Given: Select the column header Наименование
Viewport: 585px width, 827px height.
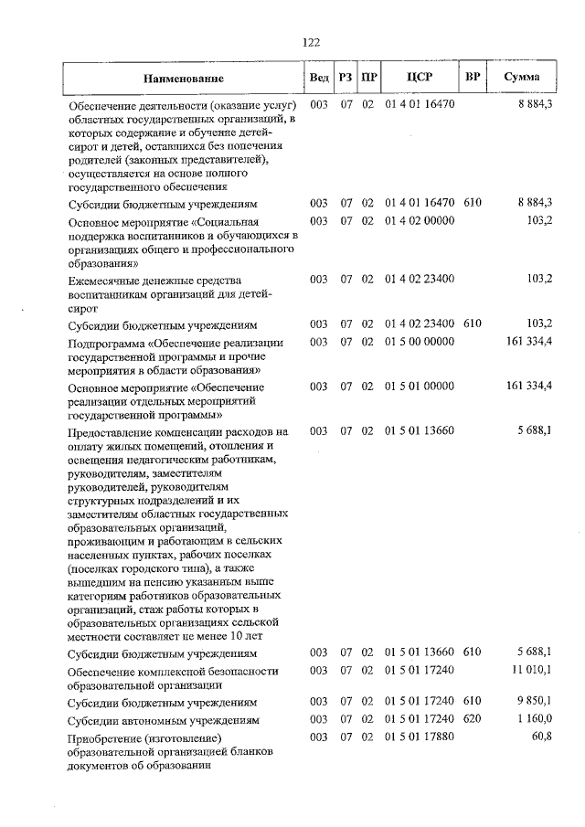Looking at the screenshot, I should tap(183, 79).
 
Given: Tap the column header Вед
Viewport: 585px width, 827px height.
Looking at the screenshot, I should tap(319, 78).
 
